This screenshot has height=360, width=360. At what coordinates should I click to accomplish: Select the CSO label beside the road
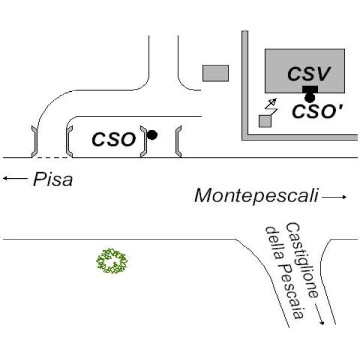(113, 139)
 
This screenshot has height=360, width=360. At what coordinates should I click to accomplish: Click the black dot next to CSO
(152, 136)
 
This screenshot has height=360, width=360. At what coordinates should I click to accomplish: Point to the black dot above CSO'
(310, 97)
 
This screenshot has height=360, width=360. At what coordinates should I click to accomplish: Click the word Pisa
(53, 179)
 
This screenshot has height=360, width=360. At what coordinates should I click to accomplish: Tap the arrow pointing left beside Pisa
(14, 178)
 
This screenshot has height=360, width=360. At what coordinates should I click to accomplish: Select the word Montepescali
(256, 196)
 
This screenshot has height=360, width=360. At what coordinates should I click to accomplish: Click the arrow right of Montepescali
(335, 197)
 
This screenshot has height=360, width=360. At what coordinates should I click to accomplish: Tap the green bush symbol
(113, 262)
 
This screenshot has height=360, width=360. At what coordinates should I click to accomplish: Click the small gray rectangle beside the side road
(215, 73)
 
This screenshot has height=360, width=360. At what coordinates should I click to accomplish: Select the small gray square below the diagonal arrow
(265, 121)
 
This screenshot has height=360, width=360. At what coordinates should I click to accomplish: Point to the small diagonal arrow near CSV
(272, 103)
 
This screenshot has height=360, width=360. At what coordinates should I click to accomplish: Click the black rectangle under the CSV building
(310, 89)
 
